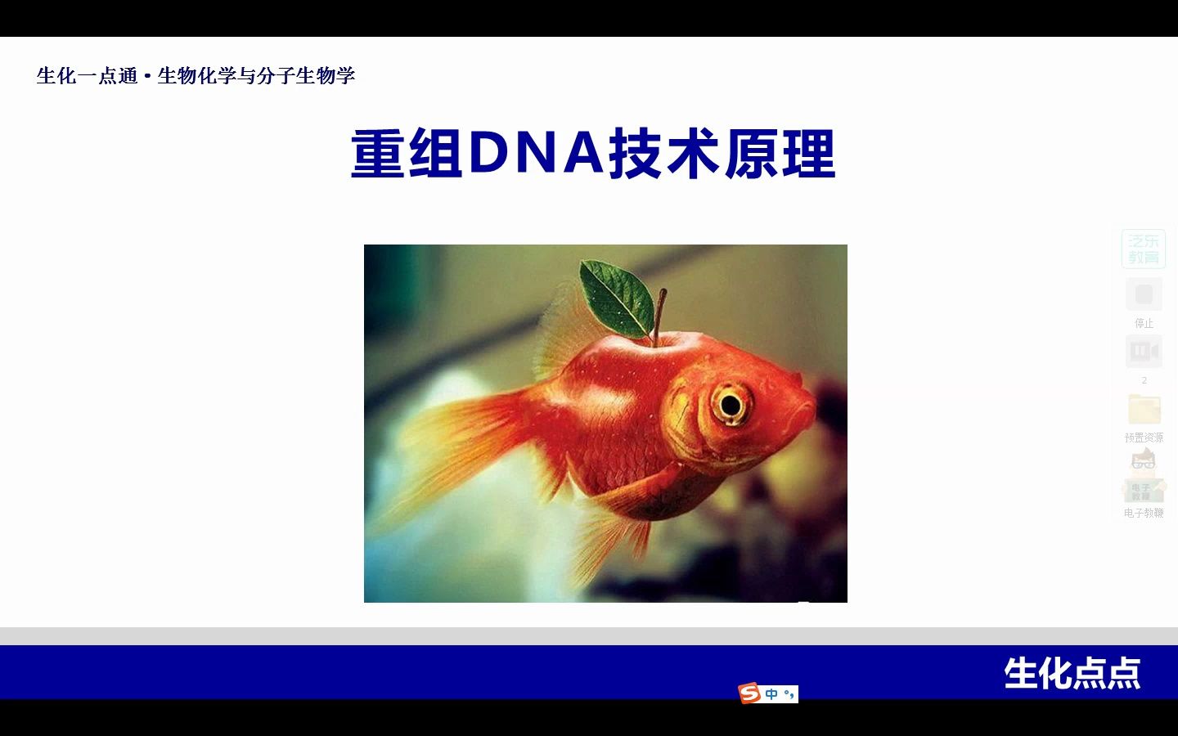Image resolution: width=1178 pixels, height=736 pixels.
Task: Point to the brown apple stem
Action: click(x=659, y=315)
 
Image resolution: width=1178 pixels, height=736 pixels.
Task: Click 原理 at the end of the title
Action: click(x=780, y=154)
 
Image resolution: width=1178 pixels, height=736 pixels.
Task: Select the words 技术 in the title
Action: click(x=663, y=154)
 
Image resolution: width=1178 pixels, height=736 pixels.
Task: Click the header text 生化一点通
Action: click(x=87, y=76)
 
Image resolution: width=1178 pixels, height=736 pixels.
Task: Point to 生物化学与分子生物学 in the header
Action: click(x=256, y=76)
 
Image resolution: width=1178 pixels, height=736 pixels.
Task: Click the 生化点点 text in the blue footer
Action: click(x=1072, y=674)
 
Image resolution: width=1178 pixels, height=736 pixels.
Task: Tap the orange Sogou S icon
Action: click(x=749, y=693)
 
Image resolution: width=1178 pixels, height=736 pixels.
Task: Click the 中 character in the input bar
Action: click(x=771, y=694)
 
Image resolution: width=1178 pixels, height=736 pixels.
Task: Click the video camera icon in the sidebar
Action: click(x=1144, y=352)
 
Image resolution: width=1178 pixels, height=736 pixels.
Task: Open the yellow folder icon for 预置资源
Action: click(x=1144, y=409)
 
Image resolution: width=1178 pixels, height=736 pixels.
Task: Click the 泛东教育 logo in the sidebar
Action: click(x=1144, y=249)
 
